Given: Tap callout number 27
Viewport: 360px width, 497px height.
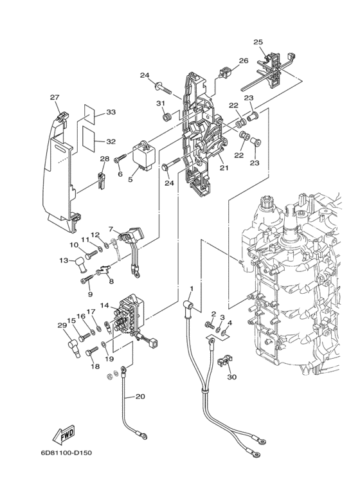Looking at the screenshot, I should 55,98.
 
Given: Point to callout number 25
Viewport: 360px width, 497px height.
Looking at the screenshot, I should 258,42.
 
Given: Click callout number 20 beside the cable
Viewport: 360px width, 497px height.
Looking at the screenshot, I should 140,397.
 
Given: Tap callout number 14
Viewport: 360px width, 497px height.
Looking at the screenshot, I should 104,307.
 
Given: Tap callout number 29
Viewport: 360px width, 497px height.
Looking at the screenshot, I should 62,325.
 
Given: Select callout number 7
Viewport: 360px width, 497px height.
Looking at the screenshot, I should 111,229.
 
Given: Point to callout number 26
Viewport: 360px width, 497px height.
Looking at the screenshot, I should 243,62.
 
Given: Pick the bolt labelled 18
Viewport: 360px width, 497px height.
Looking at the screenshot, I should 91,351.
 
